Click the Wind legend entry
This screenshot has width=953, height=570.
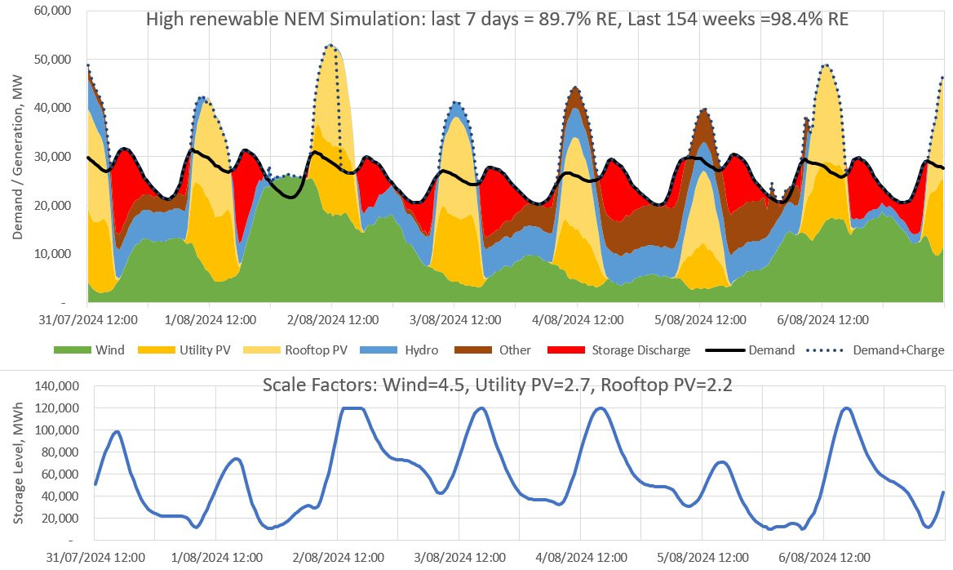point(90,350)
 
